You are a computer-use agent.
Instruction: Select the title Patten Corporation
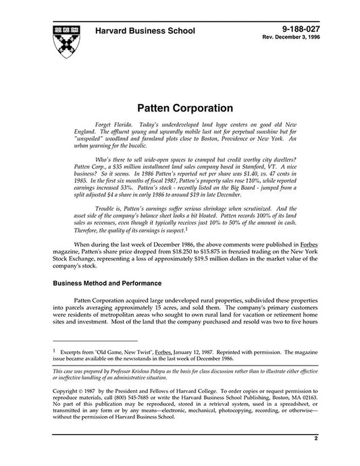click(x=185, y=107)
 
